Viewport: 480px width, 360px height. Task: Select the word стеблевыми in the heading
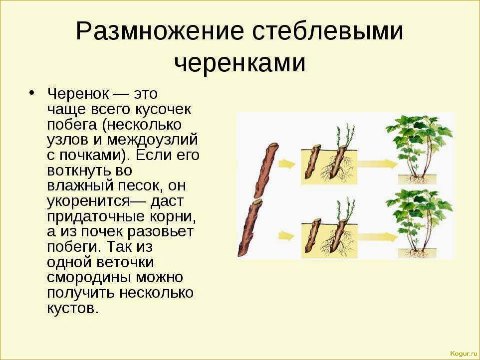pyautogui.click(x=327, y=30)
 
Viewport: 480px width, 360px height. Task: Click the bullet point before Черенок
pyautogui.click(x=31, y=93)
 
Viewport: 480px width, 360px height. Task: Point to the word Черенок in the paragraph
pyautogui.click(x=78, y=93)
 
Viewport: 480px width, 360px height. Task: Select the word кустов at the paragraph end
pyautogui.click(x=73, y=308)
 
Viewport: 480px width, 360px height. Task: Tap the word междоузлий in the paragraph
pyautogui.click(x=153, y=140)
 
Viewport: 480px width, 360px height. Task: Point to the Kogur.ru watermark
pyautogui.click(x=464, y=354)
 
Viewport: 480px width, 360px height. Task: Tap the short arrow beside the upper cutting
pyautogui.click(x=287, y=164)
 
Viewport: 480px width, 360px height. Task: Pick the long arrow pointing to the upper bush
pyautogui.click(x=377, y=164)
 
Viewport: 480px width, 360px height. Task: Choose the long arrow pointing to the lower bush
pyautogui.click(x=377, y=236)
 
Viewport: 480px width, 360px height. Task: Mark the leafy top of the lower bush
pyautogui.click(x=419, y=208)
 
